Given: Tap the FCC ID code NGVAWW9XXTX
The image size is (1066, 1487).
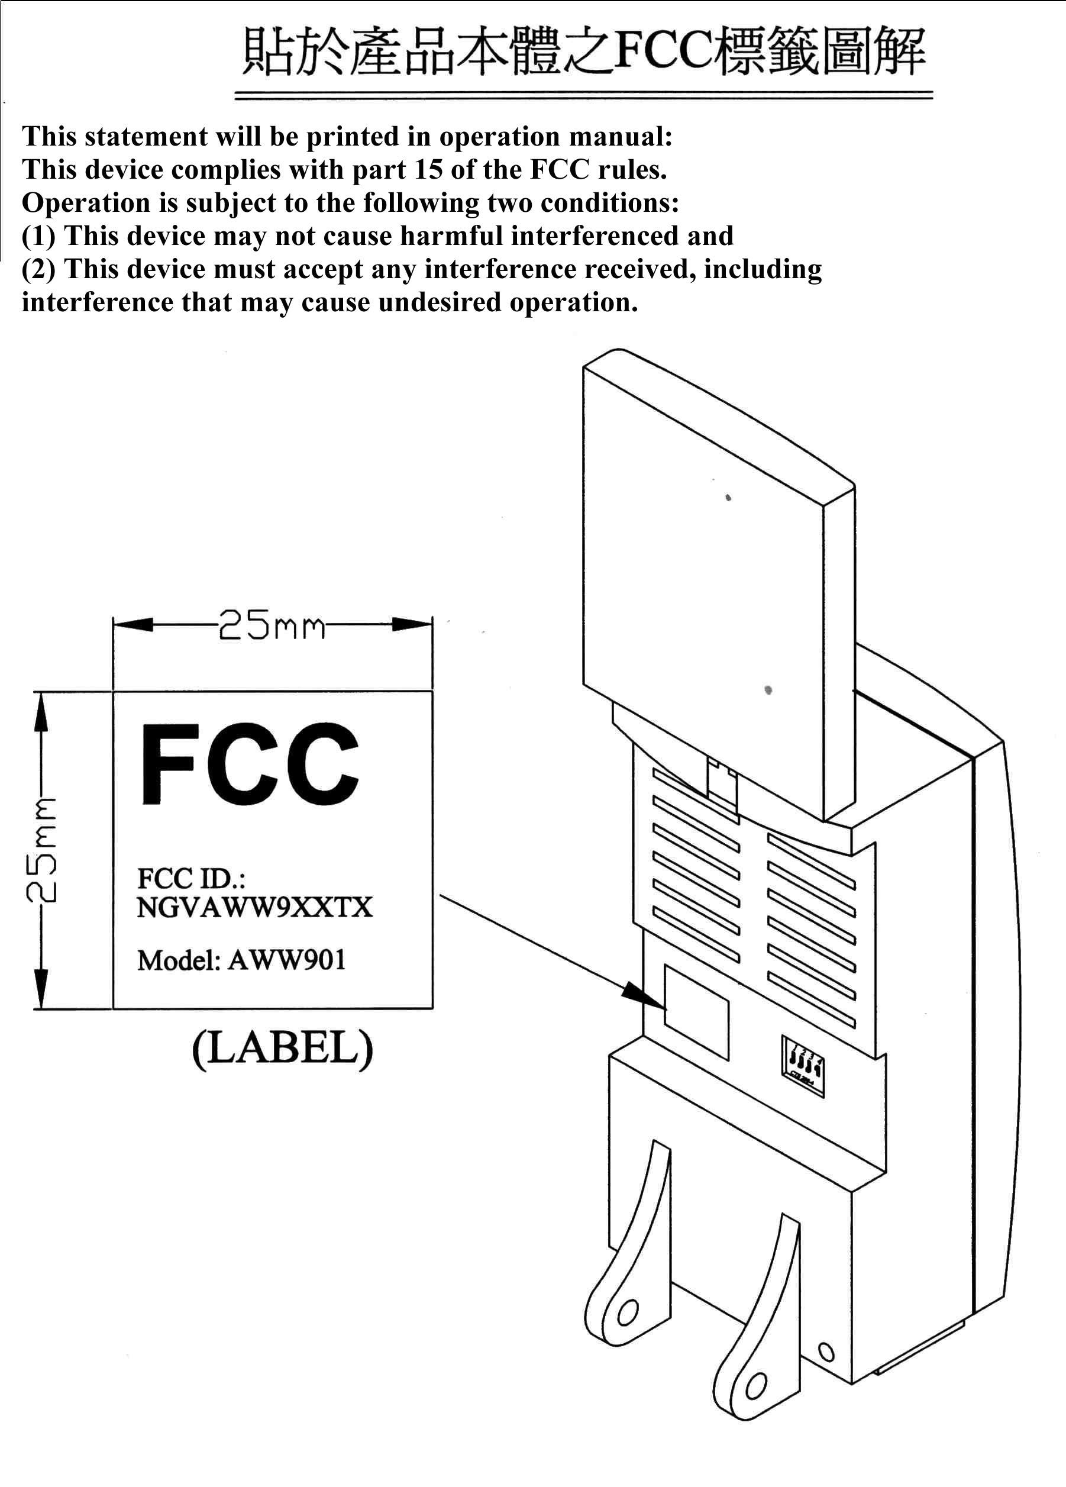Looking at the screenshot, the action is pyautogui.click(x=254, y=908).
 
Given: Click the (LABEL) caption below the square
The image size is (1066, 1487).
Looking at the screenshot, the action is pyautogui.click(x=283, y=1050).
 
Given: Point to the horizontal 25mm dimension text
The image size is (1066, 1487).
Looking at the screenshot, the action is pyautogui.click(x=272, y=625).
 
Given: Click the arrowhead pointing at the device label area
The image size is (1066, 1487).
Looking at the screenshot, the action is pyautogui.click(x=643, y=995).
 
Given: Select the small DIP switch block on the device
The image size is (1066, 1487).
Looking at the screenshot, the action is pyautogui.click(x=803, y=1064).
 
